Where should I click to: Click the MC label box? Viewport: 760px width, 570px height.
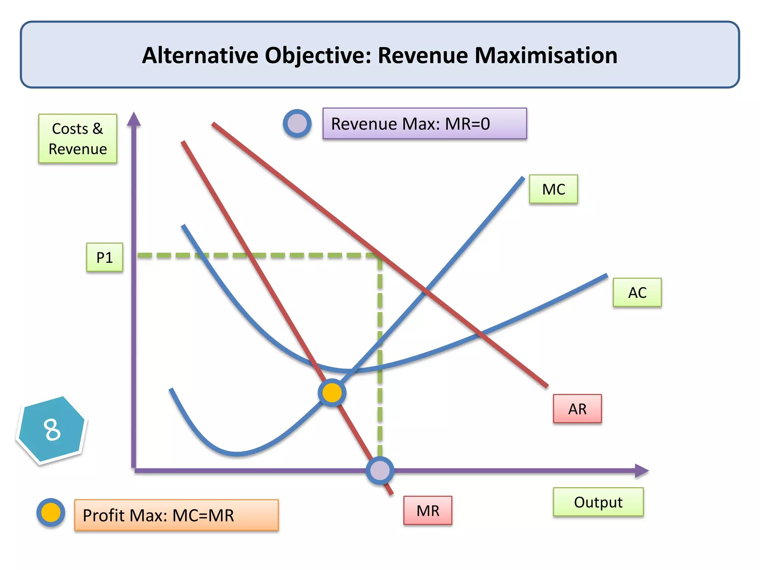[553, 189]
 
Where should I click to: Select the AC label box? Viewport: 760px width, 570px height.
[637, 292]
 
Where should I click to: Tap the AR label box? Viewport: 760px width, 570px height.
[577, 409]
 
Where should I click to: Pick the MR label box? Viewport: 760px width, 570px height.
[427, 510]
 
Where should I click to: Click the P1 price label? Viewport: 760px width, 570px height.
[104, 257]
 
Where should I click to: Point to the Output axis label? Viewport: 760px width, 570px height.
[598, 502]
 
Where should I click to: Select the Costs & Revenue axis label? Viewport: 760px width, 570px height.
[78, 138]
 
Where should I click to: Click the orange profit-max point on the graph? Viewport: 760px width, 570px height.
[332, 393]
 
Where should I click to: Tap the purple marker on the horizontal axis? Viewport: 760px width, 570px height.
[380, 471]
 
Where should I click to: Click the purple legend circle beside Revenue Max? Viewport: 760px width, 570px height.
[297, 124]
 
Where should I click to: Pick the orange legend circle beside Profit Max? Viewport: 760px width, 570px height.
[51, 512]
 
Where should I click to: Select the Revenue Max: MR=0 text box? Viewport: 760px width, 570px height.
[424, 124]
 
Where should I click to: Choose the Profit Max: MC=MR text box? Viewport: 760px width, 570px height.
[176, 515]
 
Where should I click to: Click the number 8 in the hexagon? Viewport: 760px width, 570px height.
[52, 429]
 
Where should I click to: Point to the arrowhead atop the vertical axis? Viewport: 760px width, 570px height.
[134, 119]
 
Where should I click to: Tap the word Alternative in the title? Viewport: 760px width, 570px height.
[200, 55]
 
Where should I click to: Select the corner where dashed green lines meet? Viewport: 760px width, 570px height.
[380, 256]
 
